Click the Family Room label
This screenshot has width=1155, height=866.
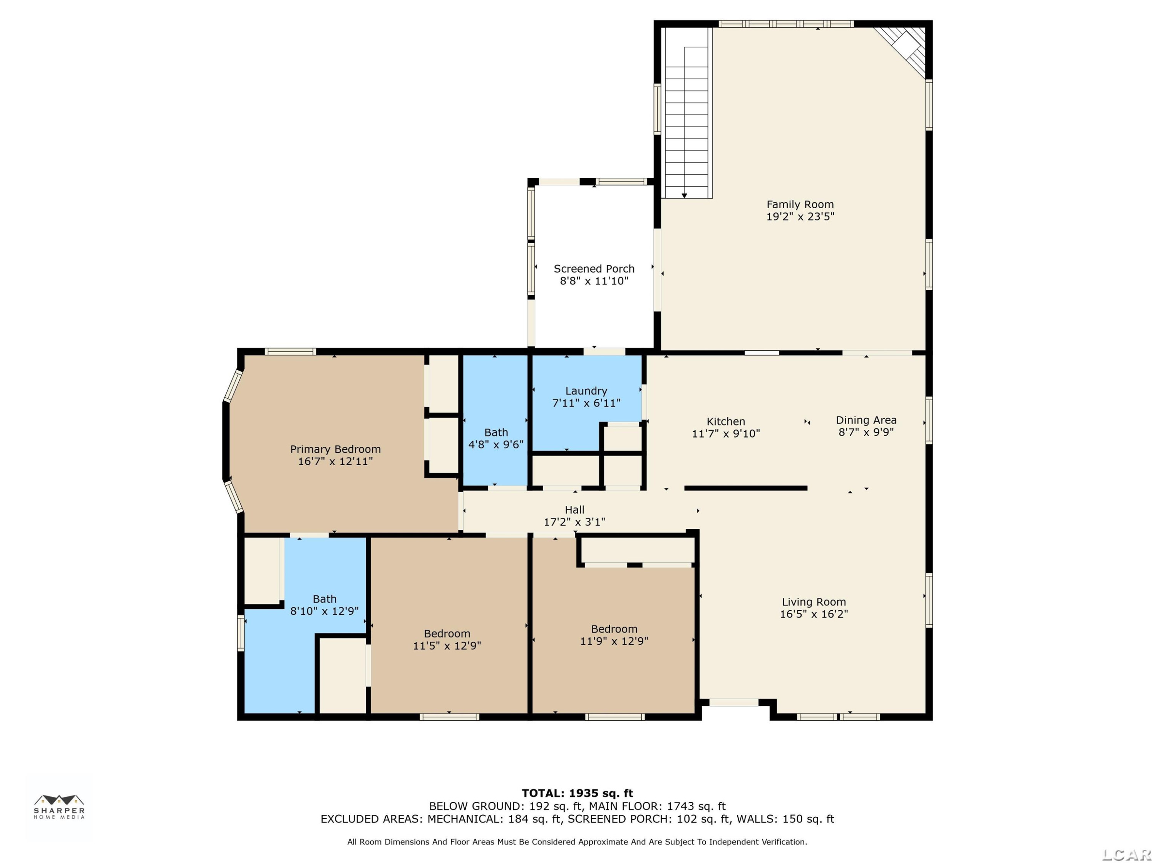(800, 205)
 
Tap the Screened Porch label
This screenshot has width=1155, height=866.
(594, 269)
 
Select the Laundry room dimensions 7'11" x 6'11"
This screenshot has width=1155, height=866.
(586, 403)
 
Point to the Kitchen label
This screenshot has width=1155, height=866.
(726, 422)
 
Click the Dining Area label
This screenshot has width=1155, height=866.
(866, 420)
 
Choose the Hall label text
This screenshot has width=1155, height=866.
(574, 510)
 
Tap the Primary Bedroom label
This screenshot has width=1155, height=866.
(335, 450)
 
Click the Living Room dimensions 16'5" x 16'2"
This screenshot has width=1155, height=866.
(814, 614)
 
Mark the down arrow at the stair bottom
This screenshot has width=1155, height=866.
(684, 195)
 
